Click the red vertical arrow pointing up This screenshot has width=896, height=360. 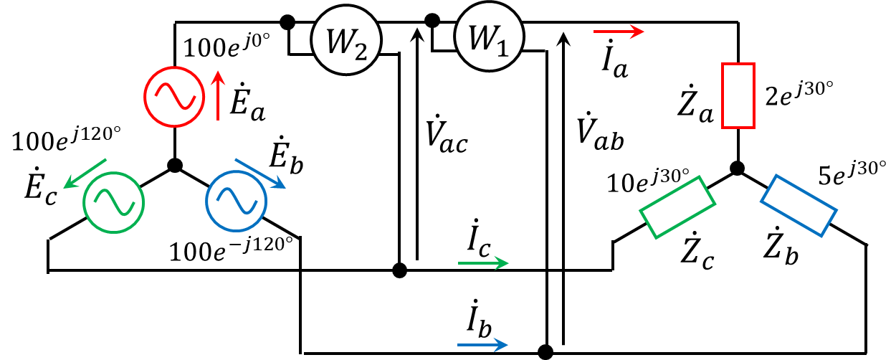click(x=219, y=95)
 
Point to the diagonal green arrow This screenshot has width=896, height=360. click(x=85, y=174)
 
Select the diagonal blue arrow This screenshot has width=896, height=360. click(x=260, y=173)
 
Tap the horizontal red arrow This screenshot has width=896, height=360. click(x=619, y=32)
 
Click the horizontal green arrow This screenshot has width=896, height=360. click(x=483, y=263)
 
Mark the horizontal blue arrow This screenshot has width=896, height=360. click(x=483, y=345)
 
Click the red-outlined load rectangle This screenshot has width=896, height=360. click(x=738, y=95)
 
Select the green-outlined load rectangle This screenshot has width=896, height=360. click(x=677, y=207)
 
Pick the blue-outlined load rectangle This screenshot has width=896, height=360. click(x=799, y=204)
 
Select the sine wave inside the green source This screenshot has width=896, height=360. click(x=115, y=203)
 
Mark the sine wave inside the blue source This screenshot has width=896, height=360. click(x=237, y=202)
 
